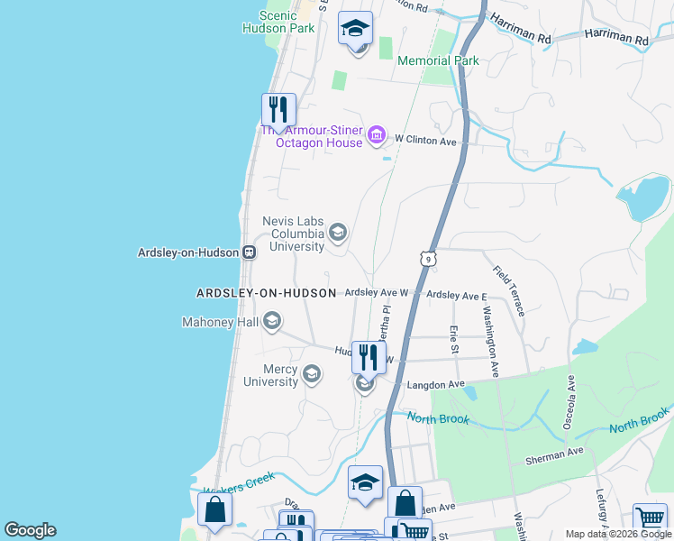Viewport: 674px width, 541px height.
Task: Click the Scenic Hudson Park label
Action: (278, 22)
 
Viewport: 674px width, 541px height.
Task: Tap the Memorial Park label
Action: (438, 61)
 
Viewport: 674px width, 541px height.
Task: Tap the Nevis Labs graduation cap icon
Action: (338, 234)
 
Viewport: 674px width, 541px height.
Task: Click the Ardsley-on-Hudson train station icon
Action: (248, 252)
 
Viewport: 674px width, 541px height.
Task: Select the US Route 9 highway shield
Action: (428, 259)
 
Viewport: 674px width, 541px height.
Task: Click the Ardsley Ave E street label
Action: (456, 295)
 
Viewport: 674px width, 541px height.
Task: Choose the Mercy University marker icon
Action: (312, 374)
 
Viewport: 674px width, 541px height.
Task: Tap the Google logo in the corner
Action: (30, 530)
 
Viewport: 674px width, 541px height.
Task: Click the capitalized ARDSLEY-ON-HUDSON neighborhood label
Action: (266, 294)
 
